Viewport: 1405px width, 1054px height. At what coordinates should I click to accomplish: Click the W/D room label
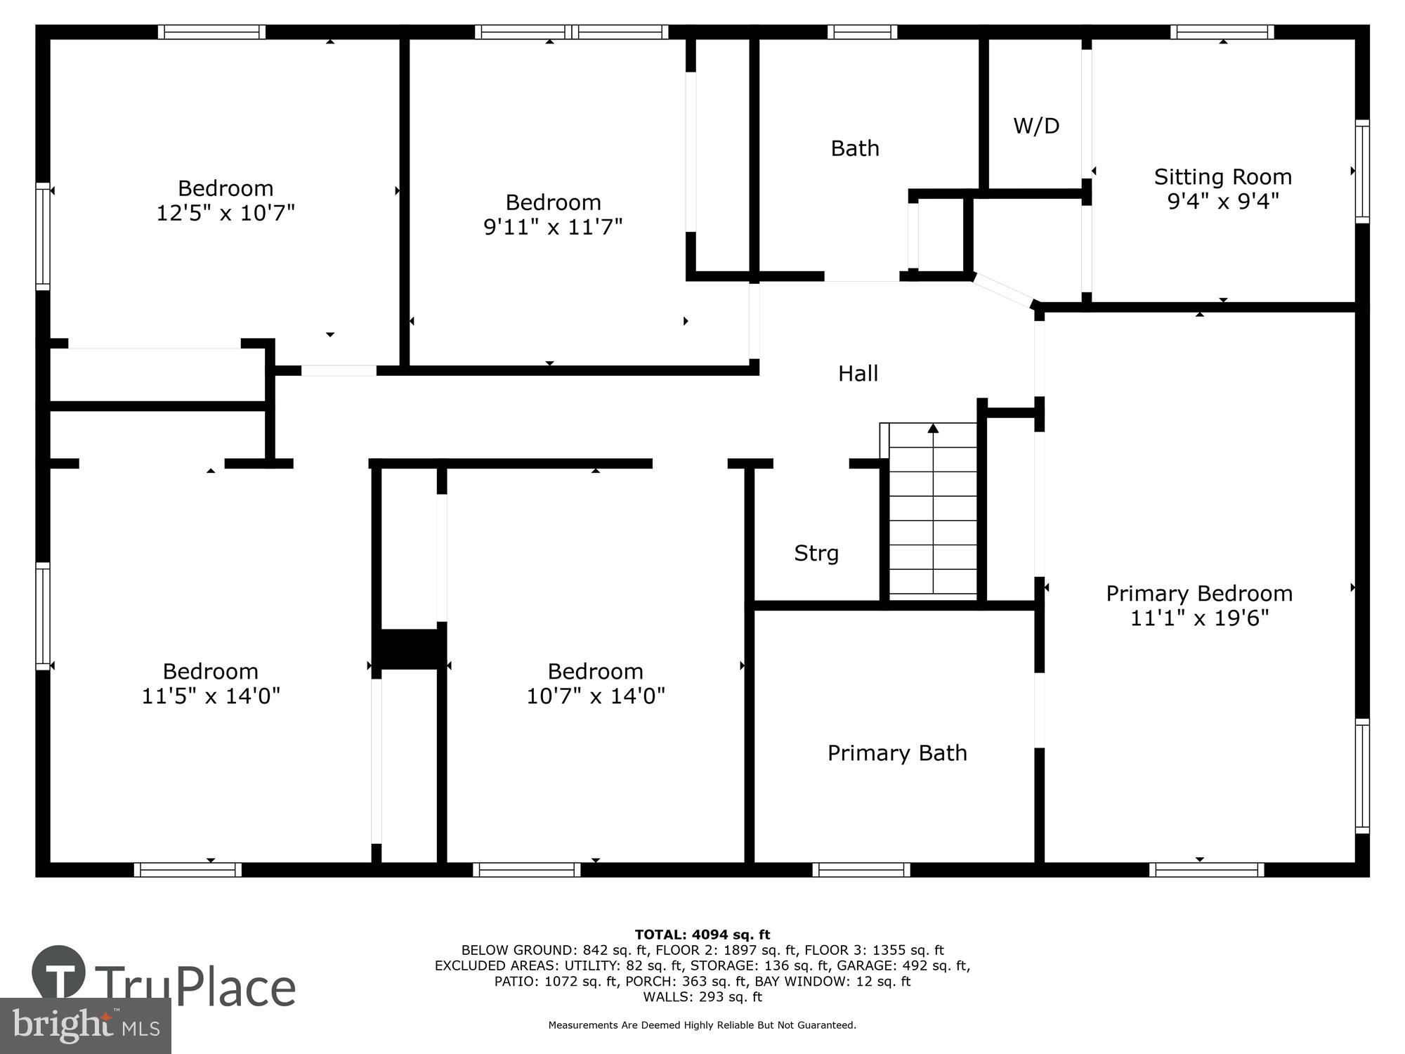pos(1036,126)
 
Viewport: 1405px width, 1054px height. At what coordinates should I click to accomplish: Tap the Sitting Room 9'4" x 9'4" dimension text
pos(1222,202)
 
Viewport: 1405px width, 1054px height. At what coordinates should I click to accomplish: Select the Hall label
pos(858,373)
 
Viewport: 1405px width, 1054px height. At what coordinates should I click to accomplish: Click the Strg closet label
pos(816,553)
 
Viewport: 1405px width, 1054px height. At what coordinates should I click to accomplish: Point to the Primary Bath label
pos(897,753)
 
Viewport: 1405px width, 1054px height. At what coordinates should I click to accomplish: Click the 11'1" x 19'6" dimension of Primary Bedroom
pos(1199,618)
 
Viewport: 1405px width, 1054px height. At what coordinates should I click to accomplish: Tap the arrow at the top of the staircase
pos(933,428)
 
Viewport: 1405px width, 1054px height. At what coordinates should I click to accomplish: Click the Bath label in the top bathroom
pos(855,148)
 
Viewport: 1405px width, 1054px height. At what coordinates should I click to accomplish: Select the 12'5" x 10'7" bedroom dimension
pos(225,213)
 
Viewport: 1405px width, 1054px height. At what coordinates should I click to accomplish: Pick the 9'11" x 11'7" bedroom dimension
pos(553,227)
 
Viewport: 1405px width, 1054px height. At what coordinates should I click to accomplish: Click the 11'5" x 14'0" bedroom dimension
pos(211,696)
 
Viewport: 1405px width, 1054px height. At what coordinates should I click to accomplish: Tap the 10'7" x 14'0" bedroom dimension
pos(596,696)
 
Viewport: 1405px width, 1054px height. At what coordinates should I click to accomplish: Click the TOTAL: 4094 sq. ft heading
pos(702,935)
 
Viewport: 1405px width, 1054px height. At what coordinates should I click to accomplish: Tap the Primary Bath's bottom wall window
pos(861,870)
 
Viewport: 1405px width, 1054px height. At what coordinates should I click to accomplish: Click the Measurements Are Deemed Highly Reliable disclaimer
pos(702,1025)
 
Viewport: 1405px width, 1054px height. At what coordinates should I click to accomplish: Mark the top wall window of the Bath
pos(862,32)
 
